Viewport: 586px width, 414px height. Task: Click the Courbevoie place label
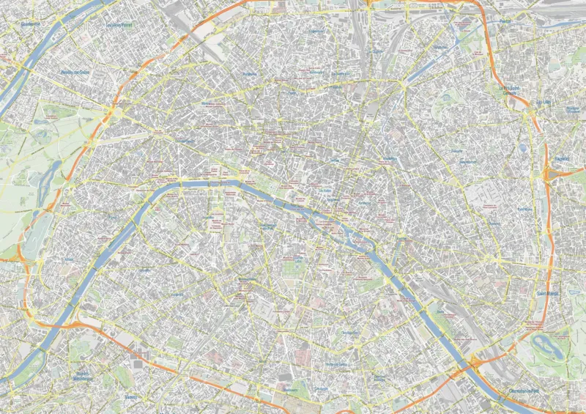[31, 23]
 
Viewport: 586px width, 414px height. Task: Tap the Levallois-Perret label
[122, 24]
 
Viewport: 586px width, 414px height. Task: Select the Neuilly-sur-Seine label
[75, 72]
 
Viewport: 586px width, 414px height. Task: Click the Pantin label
[505, 21]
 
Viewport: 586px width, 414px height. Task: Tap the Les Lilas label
[543, 101]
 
